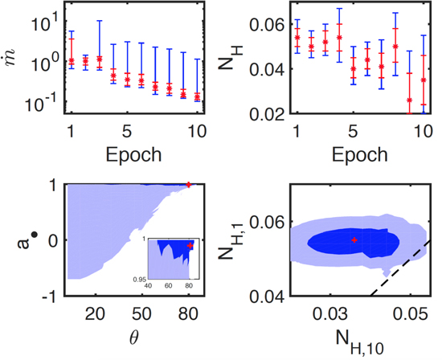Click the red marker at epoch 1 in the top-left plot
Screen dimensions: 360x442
[71, 60]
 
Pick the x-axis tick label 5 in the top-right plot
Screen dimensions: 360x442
[353, 129]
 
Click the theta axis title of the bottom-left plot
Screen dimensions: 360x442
[133, 336]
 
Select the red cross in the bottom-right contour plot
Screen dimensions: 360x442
[353, 239]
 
